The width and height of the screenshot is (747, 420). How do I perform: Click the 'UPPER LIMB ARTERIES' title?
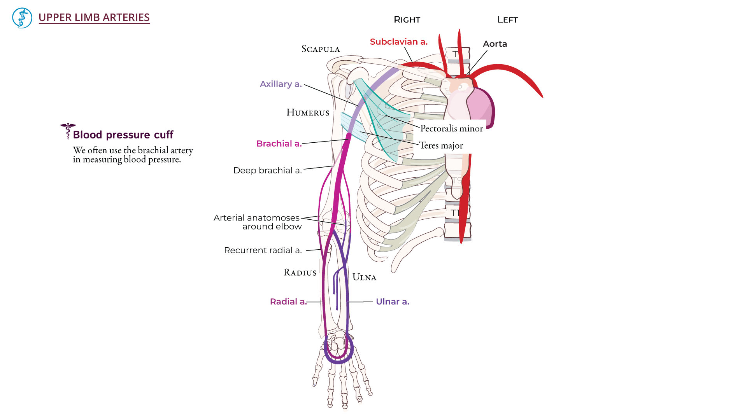tap(94, 17)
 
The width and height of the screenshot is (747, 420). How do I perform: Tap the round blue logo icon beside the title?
tap(22, 18)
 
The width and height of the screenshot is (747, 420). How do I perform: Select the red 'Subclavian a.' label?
tap(398, 42)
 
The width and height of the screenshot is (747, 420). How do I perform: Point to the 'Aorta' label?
tap(495, 44)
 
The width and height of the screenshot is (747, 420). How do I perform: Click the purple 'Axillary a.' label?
tap(281, 84)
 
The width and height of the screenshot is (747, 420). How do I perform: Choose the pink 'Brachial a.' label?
tap(279, 143)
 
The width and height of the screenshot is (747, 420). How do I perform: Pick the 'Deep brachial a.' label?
tap(267, 170)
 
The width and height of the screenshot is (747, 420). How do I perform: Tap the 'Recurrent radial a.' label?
tap(263, 250)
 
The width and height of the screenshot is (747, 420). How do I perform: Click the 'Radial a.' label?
tap(288, 301)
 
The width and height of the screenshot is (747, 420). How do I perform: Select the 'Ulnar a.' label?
tap(392, 301)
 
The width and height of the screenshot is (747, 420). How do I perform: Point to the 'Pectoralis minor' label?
tap(451, 128)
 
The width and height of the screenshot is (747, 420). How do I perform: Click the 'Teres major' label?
tap(441, 145)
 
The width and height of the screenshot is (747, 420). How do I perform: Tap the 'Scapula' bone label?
tap(321, 49)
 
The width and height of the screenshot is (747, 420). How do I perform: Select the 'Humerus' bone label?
tap(308, 113)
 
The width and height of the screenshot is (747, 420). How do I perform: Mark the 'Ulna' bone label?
tap(364, 277)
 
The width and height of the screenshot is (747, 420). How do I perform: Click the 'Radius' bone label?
tap(300, 273)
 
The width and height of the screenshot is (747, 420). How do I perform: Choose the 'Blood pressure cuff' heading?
tap(123, 135)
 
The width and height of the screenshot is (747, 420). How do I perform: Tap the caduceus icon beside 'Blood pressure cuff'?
tap(68, 131)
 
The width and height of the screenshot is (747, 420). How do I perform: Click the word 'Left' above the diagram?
tap(507, 19)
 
